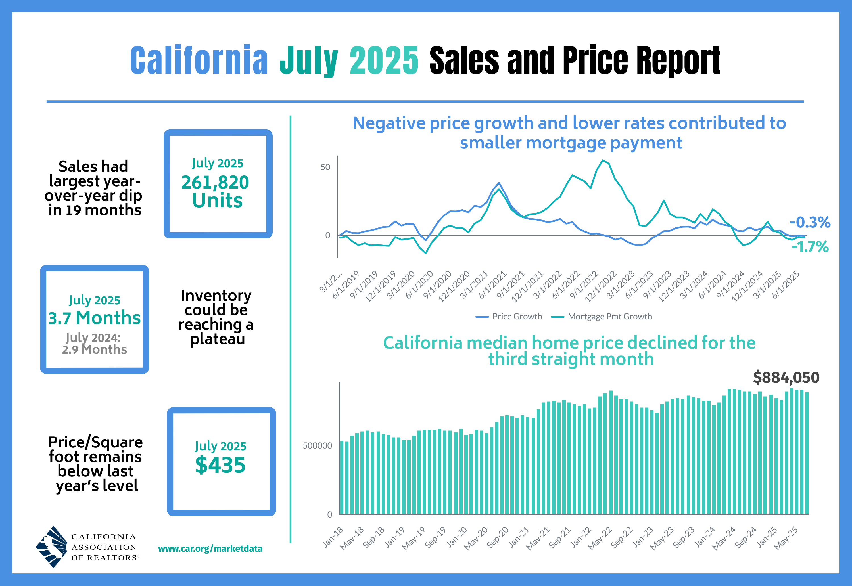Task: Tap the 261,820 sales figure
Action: click(x=215, y=183)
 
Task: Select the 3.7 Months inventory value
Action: click(x=94, y=318)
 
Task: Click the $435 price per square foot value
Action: click(x=220, y=465)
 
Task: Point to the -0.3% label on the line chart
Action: click(x=810, y=222)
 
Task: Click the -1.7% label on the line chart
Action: click(x=810, y=247)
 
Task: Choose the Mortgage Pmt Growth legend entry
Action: click(x=602, y=317)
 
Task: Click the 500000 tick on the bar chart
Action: click(x=317, y=446)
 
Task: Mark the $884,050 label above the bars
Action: click(x=786, y=377)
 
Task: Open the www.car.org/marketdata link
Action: click(x=210, y=549)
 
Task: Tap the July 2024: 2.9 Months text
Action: click(x=94, y=344)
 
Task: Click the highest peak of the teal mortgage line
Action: click(x=603, y=160)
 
